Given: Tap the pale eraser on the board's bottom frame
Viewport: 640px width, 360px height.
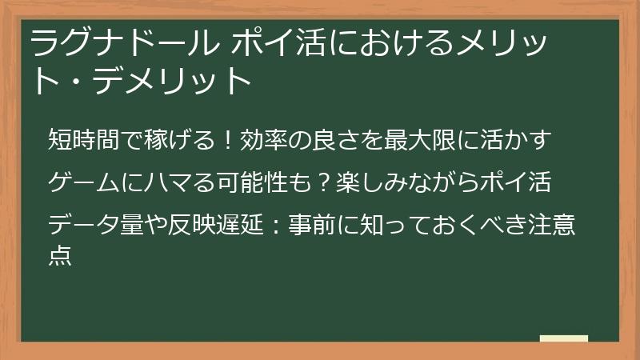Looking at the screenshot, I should pyautogui.click(x=564, y=339).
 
